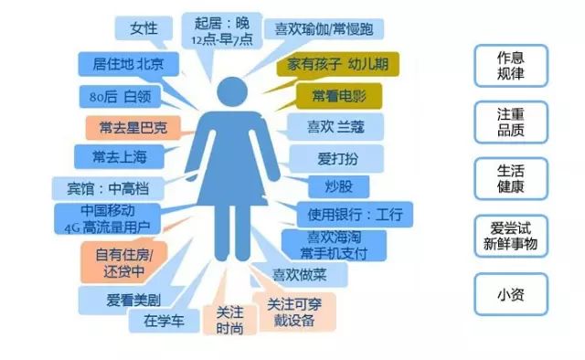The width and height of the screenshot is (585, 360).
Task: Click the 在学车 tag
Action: click(x=164, y=320)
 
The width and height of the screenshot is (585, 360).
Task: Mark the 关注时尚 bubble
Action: click(x=230, y=319)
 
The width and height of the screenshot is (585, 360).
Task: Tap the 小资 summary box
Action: click(x=510, y=294)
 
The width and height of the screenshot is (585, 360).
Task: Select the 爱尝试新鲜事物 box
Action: click(x=510, y=237)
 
